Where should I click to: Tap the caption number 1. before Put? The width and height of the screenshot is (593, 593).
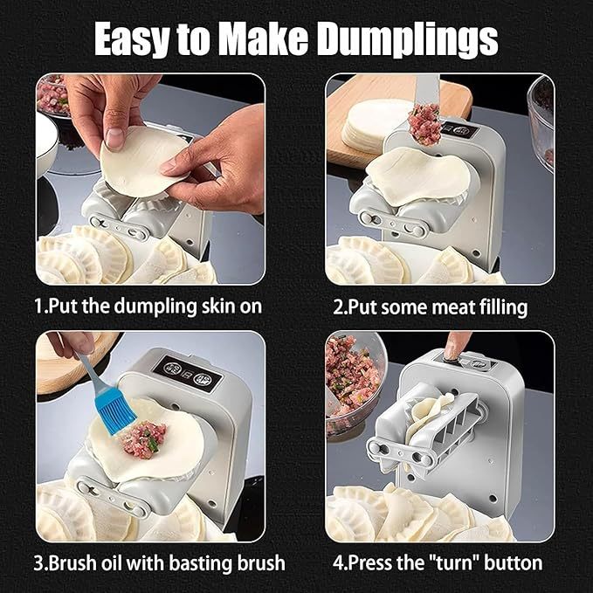43,306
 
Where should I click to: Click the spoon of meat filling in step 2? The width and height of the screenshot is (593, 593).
425,122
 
